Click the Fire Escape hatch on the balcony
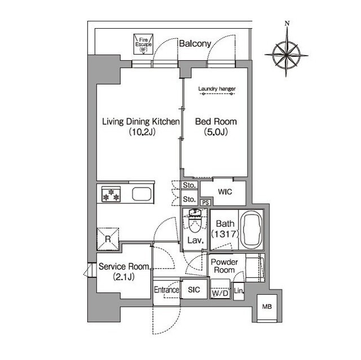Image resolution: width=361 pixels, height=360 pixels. (x=143, y=44)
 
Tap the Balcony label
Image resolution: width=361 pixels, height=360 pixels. (x=195, y=43)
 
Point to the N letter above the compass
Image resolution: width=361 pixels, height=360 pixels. (x=287, y=23)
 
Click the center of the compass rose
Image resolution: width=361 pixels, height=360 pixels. (x=287, y=55)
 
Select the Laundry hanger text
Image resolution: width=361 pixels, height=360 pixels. (x=217, y=89)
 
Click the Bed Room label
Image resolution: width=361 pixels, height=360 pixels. (x=216, y=121)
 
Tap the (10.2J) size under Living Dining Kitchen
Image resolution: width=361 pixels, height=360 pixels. (x=142, y=132)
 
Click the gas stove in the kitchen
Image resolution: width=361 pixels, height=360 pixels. (x=111, y=194)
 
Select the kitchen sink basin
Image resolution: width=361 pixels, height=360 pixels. (x=142, y=194)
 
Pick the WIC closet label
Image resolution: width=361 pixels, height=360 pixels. (x=225, y=192)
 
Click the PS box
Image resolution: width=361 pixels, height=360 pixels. (x=206, y=202)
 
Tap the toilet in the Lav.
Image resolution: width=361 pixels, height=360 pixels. (x=195, y=220)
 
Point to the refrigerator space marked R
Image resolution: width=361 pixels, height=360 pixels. (x=108, y=239)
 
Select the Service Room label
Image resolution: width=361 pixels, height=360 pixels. (x=124, y=266)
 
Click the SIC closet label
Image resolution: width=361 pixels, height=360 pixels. (x=194, y=290)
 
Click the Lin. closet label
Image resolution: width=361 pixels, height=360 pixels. (x=239, y=291)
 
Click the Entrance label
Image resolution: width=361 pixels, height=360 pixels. (x=166, y=290)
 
